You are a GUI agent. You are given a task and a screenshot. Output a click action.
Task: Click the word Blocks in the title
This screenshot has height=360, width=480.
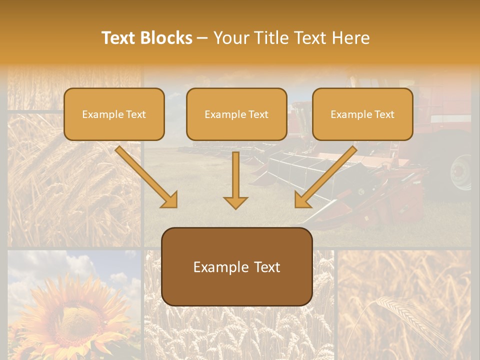(x=166, y=38)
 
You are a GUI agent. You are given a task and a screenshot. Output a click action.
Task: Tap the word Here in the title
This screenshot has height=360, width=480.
(x=349, y=38)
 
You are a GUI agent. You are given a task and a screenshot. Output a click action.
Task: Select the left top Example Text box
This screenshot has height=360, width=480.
(x=114, y=114)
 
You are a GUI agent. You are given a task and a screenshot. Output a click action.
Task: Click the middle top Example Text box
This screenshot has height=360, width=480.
(x=236, y=114)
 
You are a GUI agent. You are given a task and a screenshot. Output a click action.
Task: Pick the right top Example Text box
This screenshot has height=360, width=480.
(x=362, y=114)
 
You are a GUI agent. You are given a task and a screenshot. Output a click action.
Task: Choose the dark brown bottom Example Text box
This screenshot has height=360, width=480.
(x=237, y=266)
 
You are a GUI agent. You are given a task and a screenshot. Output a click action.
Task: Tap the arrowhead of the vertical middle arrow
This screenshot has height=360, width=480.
(x=235, y=202)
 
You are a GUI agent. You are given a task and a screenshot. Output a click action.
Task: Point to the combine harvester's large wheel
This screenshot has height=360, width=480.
(x=461, y=172)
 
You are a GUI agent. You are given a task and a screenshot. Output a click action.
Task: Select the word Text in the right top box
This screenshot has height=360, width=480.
(x=384, y=114)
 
